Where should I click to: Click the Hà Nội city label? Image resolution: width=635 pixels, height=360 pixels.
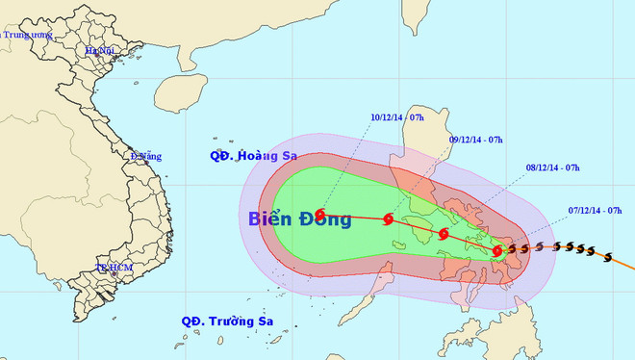(100, 50)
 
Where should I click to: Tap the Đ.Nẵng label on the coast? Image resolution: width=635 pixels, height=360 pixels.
(145, 155)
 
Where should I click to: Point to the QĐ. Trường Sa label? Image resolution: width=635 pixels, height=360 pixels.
(224, 321)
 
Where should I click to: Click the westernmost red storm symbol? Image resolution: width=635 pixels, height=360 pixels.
(320, 216)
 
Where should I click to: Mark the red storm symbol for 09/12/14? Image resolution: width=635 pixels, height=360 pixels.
(389, 219)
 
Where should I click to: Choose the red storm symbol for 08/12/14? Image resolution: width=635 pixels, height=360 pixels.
(444, 233)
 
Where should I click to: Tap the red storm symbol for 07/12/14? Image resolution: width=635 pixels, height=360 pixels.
(497, 251)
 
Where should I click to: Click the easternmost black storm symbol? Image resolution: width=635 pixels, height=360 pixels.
(607, 255)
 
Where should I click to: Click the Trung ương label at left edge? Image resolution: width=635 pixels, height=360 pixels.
(23, 35)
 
